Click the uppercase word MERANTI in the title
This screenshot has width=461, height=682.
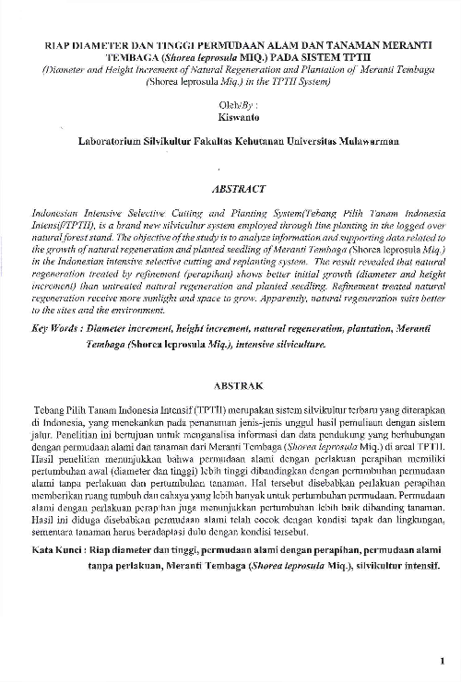point(401,43)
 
